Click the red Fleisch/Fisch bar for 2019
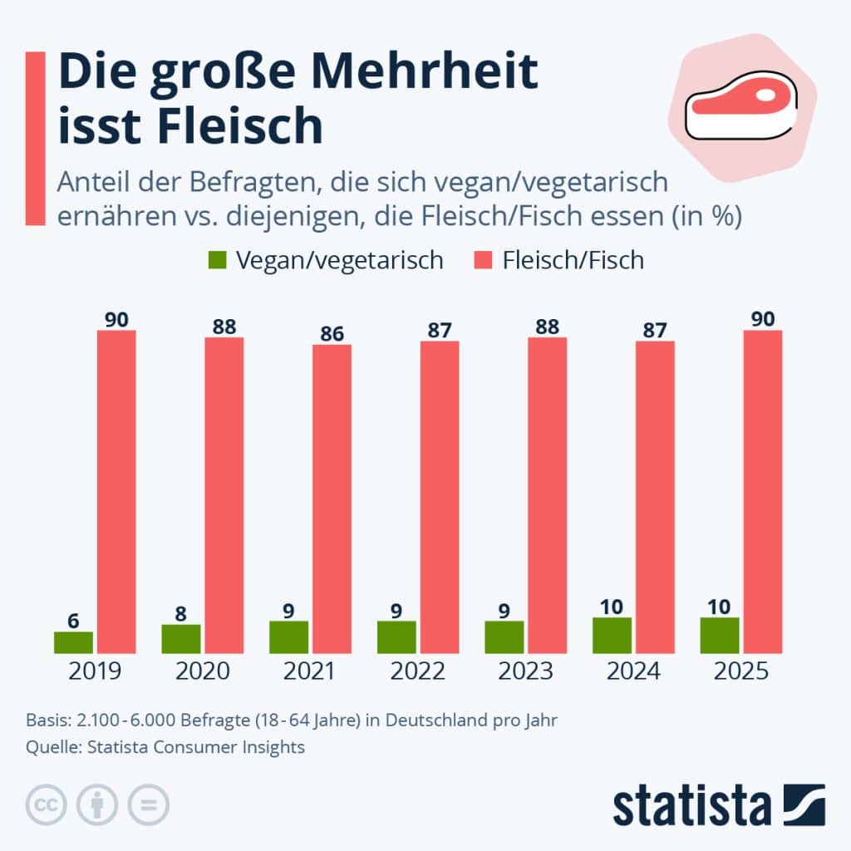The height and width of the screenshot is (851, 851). coord(116,491)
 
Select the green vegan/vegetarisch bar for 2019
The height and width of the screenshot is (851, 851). coord(73,642)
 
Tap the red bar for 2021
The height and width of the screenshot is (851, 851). coord(332,499)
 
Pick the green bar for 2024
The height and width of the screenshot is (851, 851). coord(612,635)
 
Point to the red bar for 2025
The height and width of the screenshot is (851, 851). coord(762,491)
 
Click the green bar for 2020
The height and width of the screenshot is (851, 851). coord(181,638)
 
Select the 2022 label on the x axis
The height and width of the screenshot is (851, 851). coord(418,671)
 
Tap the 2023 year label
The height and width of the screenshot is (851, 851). coord(526,671)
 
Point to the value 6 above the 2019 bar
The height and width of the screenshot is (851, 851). coord(73,621)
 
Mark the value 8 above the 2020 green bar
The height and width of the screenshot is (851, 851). coord(181,614)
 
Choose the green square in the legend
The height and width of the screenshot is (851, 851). coord(218,259)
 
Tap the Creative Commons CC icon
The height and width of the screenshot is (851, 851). coord(47,804)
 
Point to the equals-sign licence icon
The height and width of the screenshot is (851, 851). coord(148,804)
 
